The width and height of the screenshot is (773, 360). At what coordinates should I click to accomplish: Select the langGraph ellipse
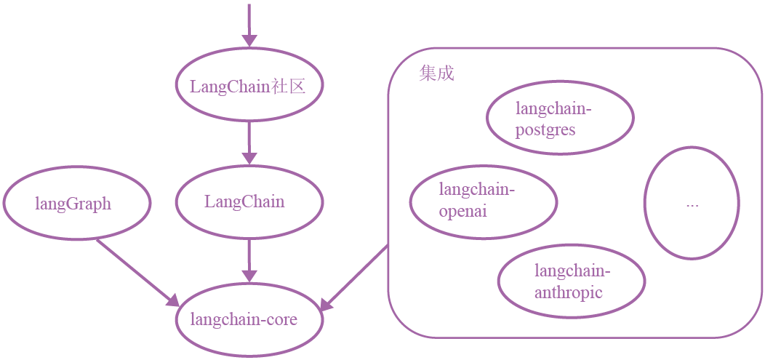(76, 203)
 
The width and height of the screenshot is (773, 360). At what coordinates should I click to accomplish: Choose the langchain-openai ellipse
(483, 201)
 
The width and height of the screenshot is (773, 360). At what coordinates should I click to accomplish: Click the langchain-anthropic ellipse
(572, 282)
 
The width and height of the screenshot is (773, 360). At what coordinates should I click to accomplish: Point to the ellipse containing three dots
(692, 203)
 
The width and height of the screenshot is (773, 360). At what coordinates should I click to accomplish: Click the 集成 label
(436, 73)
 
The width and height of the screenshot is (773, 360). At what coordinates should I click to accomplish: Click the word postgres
(545, 130)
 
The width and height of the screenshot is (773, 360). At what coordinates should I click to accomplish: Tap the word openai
(462, 212)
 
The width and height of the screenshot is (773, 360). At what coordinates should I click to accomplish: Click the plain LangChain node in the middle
(244, 202)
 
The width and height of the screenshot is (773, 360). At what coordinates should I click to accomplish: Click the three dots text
(692, 204)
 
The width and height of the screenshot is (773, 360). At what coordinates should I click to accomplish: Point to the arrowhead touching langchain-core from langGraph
(172, 300)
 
